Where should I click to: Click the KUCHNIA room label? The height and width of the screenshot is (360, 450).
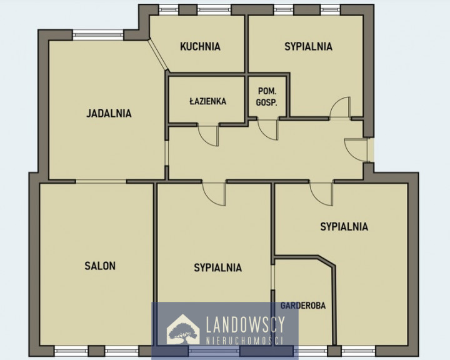pos(200,46)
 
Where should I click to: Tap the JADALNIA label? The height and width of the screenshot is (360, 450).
pos(109,113)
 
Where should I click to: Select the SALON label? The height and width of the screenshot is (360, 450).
pos(100,266)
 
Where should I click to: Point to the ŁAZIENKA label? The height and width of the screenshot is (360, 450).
pos(207,101)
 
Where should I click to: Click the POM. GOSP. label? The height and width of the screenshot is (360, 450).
pos(267,97)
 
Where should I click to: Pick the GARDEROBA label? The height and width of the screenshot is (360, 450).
pos(303,306)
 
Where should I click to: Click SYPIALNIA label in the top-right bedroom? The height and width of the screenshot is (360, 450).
pos(308,46)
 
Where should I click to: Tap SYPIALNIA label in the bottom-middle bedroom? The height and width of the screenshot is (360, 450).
pos(218,267)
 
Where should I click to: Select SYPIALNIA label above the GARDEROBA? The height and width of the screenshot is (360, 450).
pos(344,226)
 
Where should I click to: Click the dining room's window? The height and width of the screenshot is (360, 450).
pos(98,35)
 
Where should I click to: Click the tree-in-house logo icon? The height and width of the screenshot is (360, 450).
pos(183,329)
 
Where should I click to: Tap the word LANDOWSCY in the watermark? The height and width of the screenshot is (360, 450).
pos(246,325)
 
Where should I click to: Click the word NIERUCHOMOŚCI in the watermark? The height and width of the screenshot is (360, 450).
pos(245,341)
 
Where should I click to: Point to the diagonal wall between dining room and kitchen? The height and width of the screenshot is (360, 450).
pos(158,55)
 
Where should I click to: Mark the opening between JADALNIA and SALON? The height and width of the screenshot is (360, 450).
pos(101,181)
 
